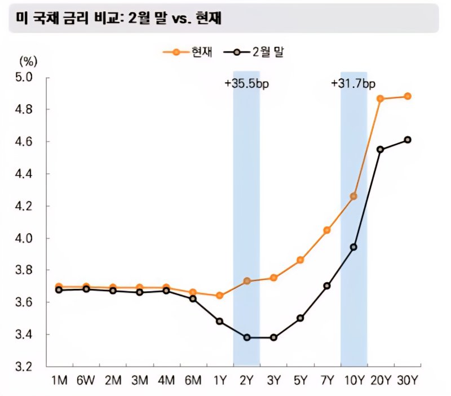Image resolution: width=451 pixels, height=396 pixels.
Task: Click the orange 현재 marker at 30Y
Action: pos(408,96)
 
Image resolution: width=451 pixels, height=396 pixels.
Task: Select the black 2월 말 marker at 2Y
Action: pos(246,337)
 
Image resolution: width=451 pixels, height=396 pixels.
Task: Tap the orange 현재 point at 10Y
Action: pos(353,196)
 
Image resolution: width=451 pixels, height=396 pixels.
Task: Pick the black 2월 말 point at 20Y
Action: pos(381,149)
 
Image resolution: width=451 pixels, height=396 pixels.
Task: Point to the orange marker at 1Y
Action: pos(220,295)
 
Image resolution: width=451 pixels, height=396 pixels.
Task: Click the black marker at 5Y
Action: pos(300,318)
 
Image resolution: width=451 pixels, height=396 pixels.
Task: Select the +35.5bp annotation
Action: pos(246,84)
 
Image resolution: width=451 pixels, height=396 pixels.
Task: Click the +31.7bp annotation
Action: pos(353,84)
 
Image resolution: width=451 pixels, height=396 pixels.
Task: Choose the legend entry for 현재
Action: pos(185,52)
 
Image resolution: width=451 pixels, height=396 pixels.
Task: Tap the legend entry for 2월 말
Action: pos(257,52)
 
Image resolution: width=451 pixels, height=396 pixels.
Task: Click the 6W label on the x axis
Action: pos(86,381)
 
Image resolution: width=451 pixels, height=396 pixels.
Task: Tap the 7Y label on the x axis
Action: pos(327,381)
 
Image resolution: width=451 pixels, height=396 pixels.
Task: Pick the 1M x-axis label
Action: pos(59,381)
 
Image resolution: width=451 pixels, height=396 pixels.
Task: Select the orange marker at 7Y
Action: pos(327,230)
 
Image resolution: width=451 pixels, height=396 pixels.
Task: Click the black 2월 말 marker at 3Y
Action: pos(273,337)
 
